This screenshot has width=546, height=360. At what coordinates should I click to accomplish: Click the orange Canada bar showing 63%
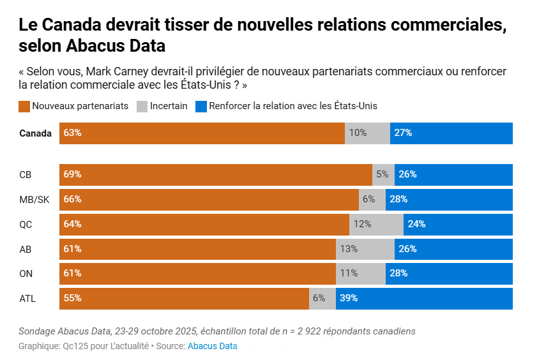pyautogui.click(x=202, y=133)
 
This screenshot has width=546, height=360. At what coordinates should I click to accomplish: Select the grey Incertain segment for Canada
pyautogui.click(x=367, y=133)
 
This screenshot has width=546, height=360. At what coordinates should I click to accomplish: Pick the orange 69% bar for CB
pyautogui.click(x=216, y=174)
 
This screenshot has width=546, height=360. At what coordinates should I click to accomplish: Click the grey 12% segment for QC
pyautogui.click(x=376, y=224)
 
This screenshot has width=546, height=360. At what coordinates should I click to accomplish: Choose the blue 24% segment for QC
pyautogui.click(x=458, y=224)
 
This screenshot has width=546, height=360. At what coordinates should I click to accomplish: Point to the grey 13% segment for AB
pyautogui.click(x=365, y=249)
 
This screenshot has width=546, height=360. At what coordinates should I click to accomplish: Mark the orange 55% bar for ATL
pyautogui.click(x=184, y=298)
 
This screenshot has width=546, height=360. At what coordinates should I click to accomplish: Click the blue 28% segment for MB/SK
pyautogui.click(x=449, y=199)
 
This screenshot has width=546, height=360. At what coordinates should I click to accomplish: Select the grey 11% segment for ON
pyautogui.click(x=361, y=273)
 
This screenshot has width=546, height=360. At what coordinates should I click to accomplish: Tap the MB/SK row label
pyautogui.click(x=34, y=199)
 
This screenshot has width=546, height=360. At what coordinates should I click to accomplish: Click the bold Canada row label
pyautogui.click(x=36, y=133)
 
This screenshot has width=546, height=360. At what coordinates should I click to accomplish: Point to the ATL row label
pyautogui.click(x=28, y=298)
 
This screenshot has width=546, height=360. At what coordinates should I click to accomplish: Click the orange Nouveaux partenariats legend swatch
pyautogui.click(x=24, y=106)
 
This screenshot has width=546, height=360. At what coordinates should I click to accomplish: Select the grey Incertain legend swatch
pyautogui.click(x=142, y=106)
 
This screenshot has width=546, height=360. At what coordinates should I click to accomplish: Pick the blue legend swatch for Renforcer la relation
pyautogui.click(x=201, y=106)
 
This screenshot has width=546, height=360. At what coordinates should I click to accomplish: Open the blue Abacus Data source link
pyautogui.click(x=212, y=346)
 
